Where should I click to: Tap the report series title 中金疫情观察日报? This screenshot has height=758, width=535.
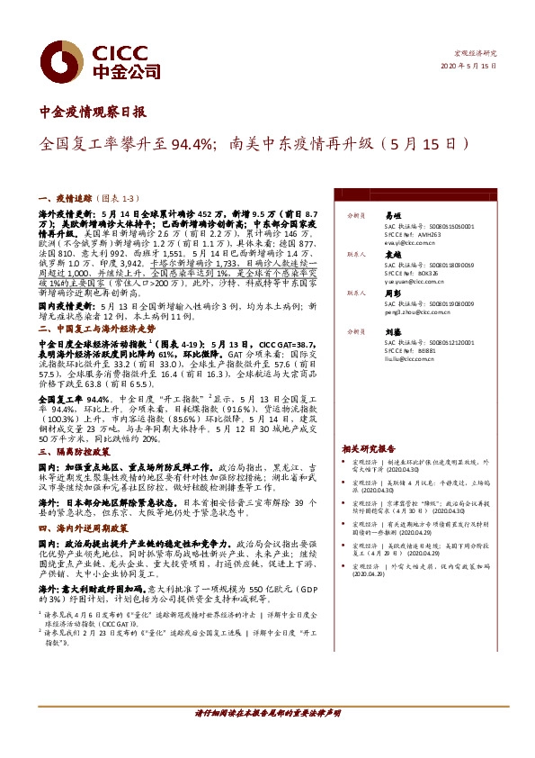pyautogui.click(x=94, y=113)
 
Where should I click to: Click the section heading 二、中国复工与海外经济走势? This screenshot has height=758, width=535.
pyautogui.click(x=98, y=329)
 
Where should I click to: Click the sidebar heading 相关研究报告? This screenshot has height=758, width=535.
pyautogui.click(x=369, y=447)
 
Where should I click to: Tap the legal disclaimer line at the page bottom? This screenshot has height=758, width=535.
pyautogui.click(x=267, y=713)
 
